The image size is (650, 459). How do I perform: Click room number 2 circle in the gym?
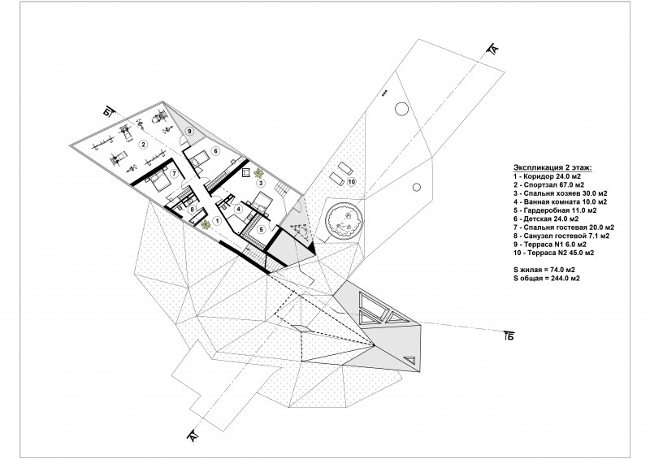(142, 145)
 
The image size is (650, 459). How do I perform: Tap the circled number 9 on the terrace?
(188, 131)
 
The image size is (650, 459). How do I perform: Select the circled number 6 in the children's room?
(216, 152)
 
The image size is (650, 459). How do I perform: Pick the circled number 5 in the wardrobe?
(262, 228)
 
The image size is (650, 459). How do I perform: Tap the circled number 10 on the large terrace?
(351, 182)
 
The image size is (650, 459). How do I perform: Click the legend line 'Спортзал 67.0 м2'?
(544, 184)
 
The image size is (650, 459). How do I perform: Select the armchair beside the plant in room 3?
(245, 173)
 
